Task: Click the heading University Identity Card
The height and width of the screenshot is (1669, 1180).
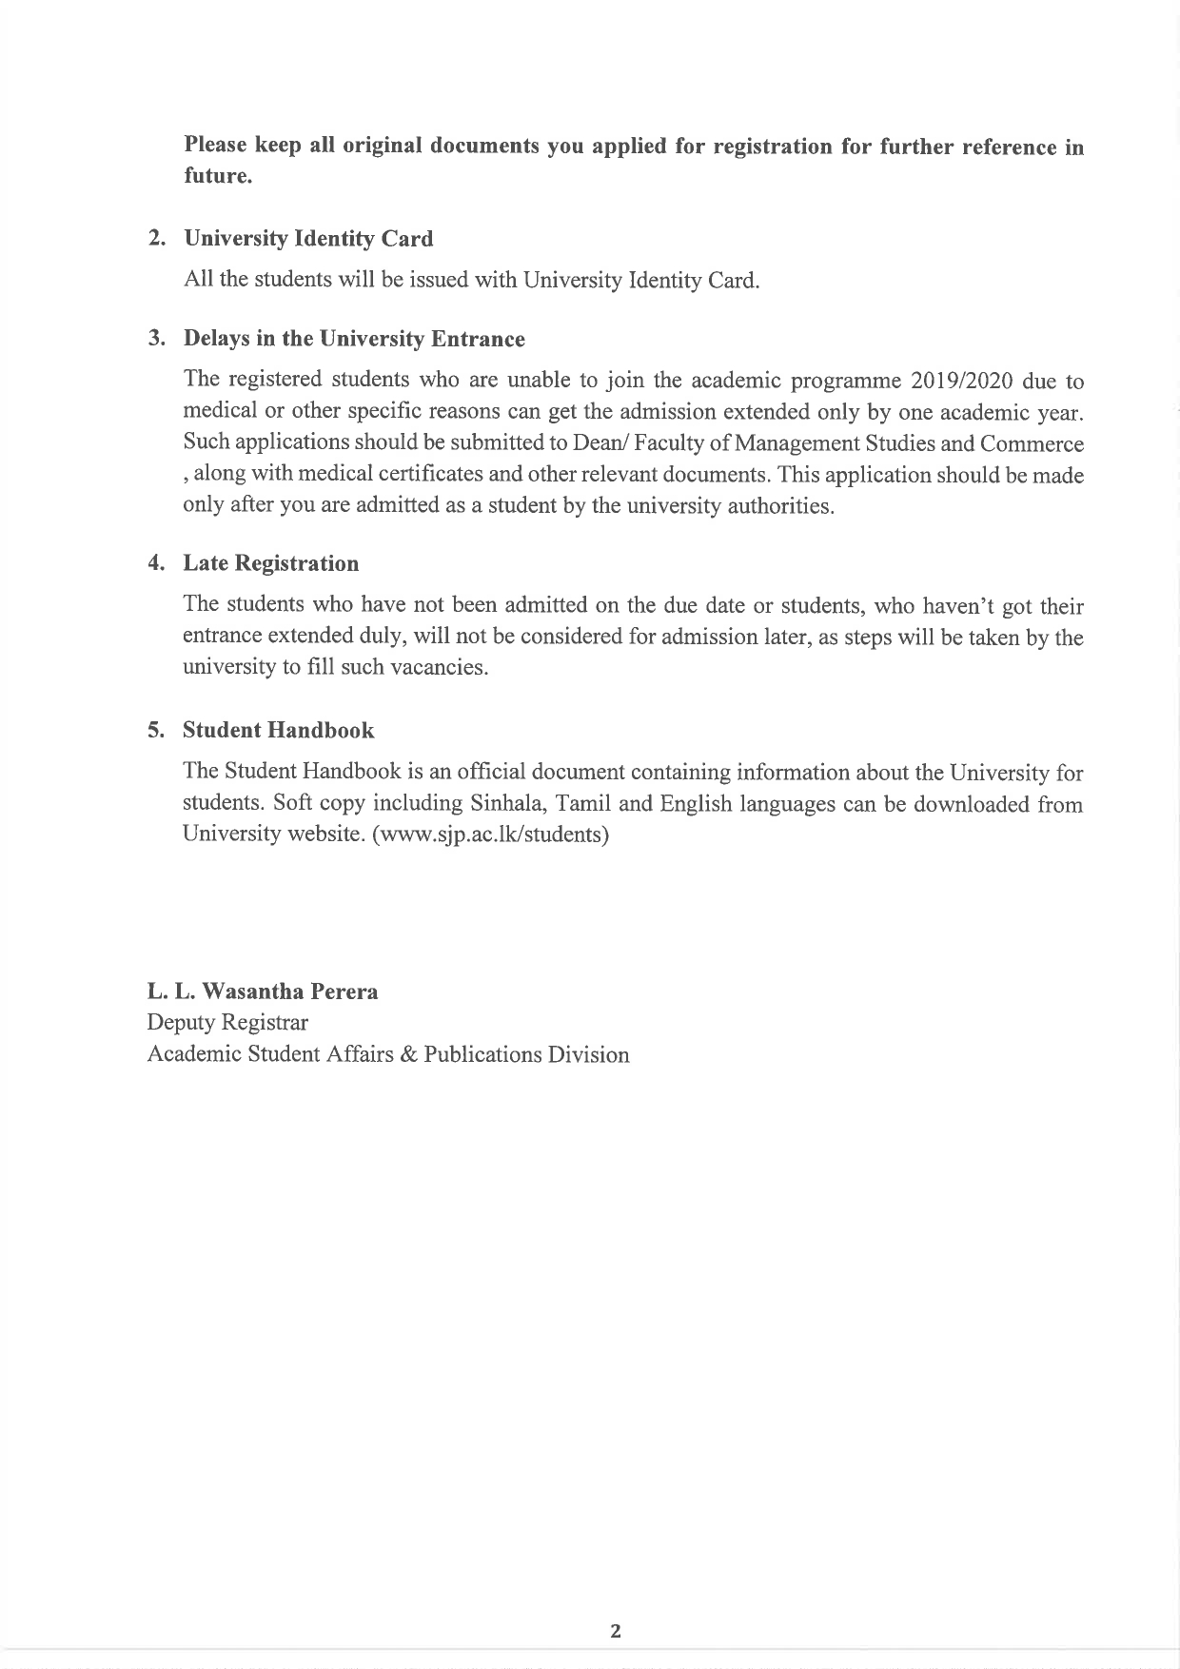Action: tap(307, 239)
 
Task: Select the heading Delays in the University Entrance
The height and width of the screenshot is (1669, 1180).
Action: tap(353, 339)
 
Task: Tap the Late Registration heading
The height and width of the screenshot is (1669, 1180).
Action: tap(270, 563)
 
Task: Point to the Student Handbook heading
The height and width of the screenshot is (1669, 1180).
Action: tap(278, 730)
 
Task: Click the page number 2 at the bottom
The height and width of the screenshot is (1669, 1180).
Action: tap(615, 1631)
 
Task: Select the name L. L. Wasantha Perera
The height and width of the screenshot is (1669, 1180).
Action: tap(262, 992)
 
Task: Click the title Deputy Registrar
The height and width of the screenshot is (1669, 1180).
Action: tap(227, 1023)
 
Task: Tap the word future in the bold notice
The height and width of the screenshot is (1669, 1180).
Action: tap(217, 177)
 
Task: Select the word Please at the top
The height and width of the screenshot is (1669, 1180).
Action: tap(216, 146)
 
